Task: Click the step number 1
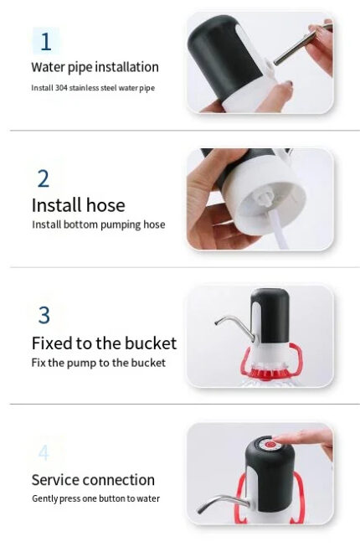tap(46, 42)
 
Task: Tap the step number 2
tap(44, 178)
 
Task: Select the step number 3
tap(44, 315)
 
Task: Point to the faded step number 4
tap(44, 452)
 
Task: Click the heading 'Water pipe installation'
tap(95, 67)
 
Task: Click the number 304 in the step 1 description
tap(61, 88)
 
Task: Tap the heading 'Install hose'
tap(79, 204)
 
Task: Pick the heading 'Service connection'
tap(93, 480)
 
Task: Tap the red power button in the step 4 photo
tap(270, 445)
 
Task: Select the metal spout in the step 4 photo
tap(224, 503)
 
